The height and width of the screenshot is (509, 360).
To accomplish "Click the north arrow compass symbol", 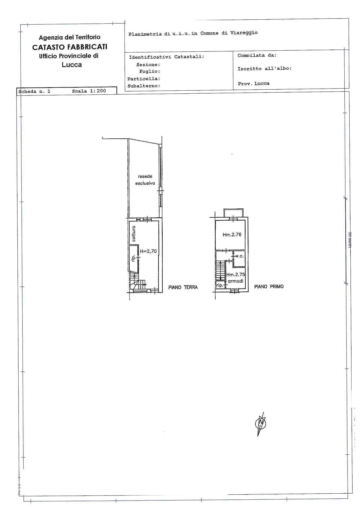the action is click(x=261, y=423).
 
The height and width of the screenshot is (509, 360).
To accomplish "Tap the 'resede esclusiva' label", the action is click(x=145, y=180).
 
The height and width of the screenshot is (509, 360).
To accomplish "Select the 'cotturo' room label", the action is click(x=134, y=234).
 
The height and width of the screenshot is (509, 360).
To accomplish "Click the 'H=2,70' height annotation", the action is click(x=148, y=251).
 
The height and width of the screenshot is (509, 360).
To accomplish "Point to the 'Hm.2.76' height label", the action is click(x=232, y=235).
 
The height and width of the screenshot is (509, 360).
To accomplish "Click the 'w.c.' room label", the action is click(x=239, y=256).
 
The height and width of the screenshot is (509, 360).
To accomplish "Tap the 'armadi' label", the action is click(x=235, y=281).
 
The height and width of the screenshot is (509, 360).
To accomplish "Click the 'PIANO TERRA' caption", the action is click(x=183, y=287).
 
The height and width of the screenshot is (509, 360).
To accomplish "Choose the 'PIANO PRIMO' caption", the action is click(x=269, y=287).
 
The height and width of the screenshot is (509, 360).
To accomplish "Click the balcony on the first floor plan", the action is click(x=233, y=213).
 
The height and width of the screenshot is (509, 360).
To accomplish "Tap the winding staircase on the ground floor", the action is click(x=138, y=282).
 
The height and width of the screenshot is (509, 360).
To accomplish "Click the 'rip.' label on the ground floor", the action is click(x=133, y=258).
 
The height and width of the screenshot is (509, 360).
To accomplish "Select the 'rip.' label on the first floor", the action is click(x=220, y=286).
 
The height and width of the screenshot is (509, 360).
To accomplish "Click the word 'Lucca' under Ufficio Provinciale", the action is click(x=72, y=65).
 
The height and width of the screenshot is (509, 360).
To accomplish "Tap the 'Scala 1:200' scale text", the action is click(x=89, y=91).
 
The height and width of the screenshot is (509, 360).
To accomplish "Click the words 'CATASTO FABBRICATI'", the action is click(x=70, y=47).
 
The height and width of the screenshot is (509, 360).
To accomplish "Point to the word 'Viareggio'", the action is click(x=244, y=33).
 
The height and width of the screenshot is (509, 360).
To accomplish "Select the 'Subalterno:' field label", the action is click(x=144, y=86).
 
